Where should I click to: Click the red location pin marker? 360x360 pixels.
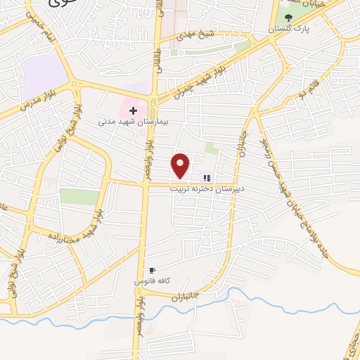tap(181, 165)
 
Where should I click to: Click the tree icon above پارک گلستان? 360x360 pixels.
tap(286, 17)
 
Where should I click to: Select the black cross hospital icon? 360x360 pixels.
tap(132, 110)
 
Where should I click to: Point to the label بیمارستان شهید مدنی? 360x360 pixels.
tap(126, 121)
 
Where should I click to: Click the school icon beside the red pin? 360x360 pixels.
tap(207, 178)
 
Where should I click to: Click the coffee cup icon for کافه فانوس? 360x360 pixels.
tap(152, 271)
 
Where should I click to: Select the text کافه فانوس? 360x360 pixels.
tap(151, 281)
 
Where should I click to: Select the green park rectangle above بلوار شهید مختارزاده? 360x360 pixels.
tap(79, 196)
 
